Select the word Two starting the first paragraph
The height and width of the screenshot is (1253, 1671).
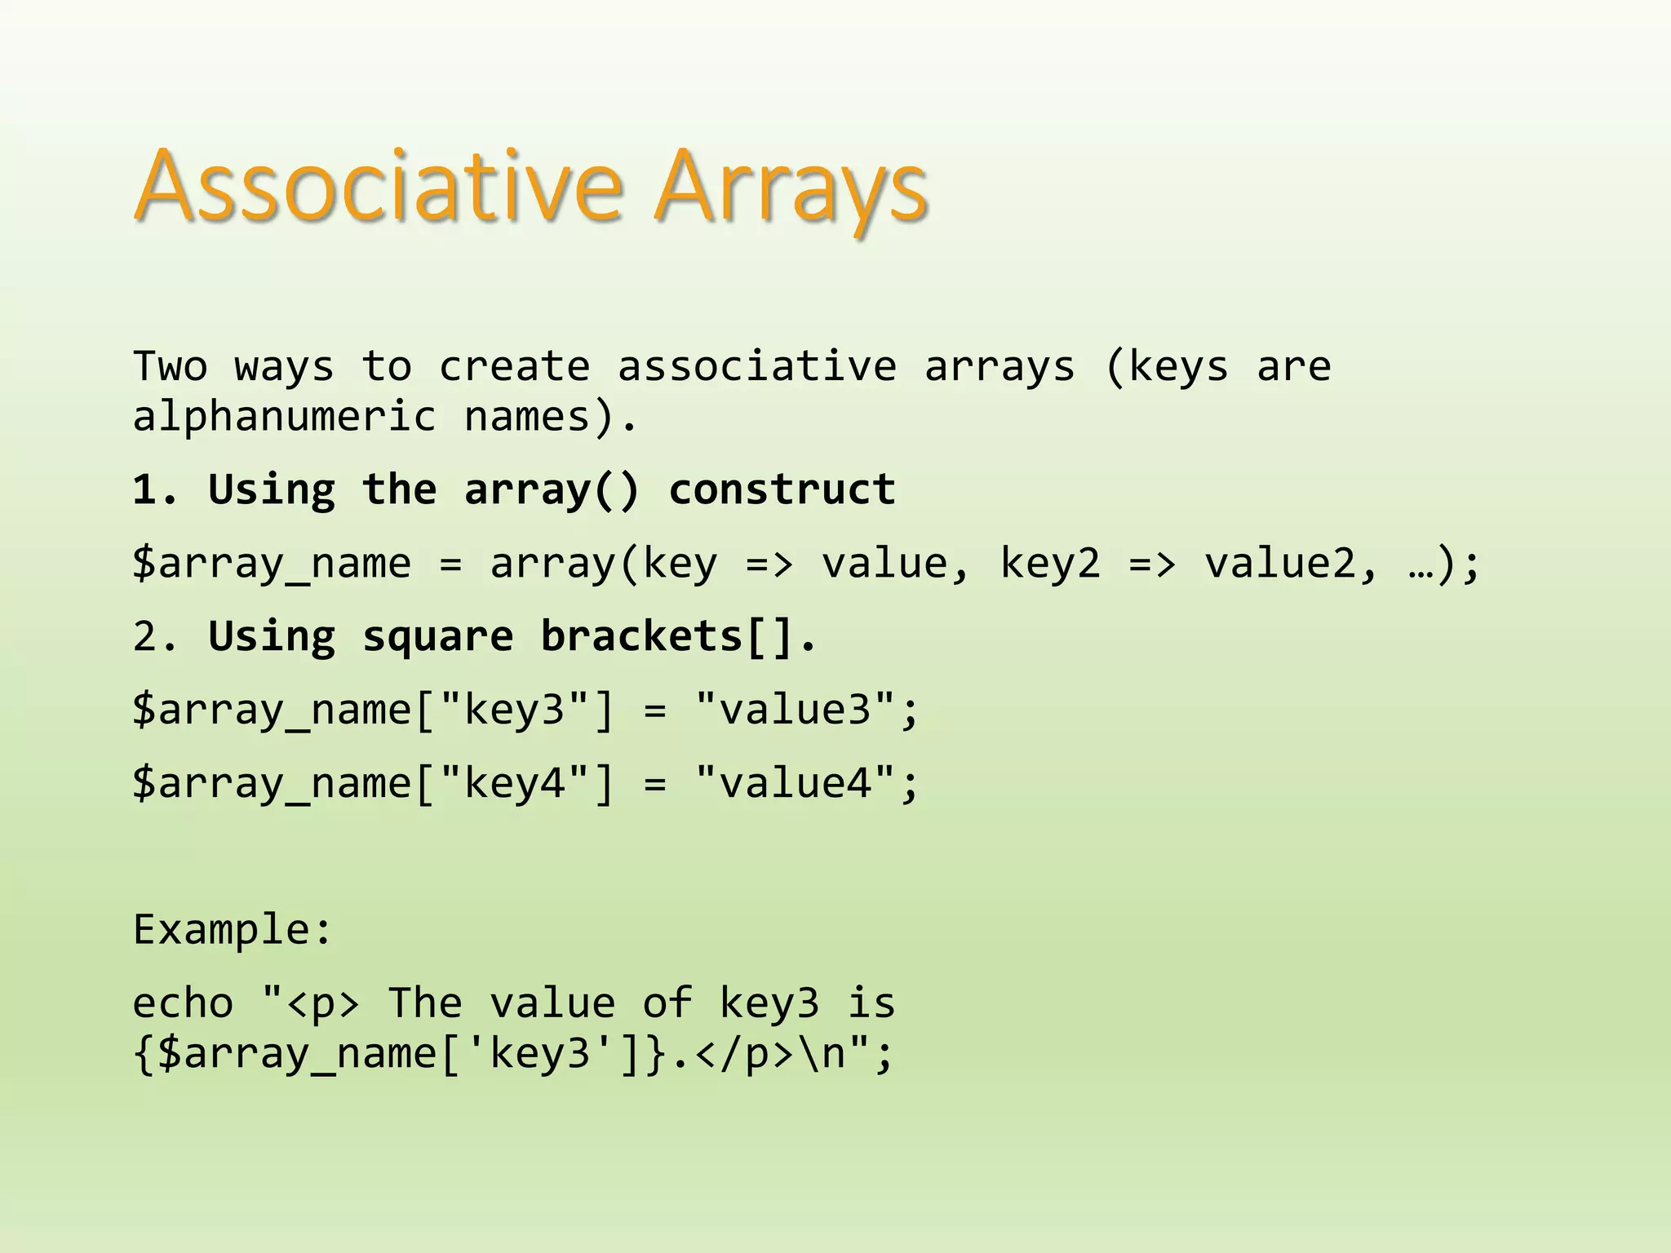pyautogui.click(x=170, y=366)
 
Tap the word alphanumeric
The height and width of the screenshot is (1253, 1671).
pyautogui.click(x=285, y=418)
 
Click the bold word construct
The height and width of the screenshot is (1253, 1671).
pyautogui.click(x=782, y=489)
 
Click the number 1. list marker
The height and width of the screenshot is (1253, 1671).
pyautogui.click(x=155, y=489)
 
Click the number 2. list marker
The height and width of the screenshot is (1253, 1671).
pyautogui.click(x=155, y=636)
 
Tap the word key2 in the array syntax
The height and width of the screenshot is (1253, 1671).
pyautogui.click(x=1050, y=564)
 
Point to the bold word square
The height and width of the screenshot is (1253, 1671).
pyautogui.click(x=438, y=637)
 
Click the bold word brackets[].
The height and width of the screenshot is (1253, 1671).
pyautogui.click(x=678, y=636)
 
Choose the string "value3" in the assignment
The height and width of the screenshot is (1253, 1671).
pyautogui.click(x=796, y=709)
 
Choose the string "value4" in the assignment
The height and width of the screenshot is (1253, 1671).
pyautogui.click(x=796, y=782)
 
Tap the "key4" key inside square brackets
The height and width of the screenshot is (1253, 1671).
pyautogui.click(x=514, y=783)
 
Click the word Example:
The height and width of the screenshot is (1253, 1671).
pyautogui.click(x=233, y=930)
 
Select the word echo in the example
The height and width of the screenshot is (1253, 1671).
pyautogui.click(x=183, y=1003)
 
